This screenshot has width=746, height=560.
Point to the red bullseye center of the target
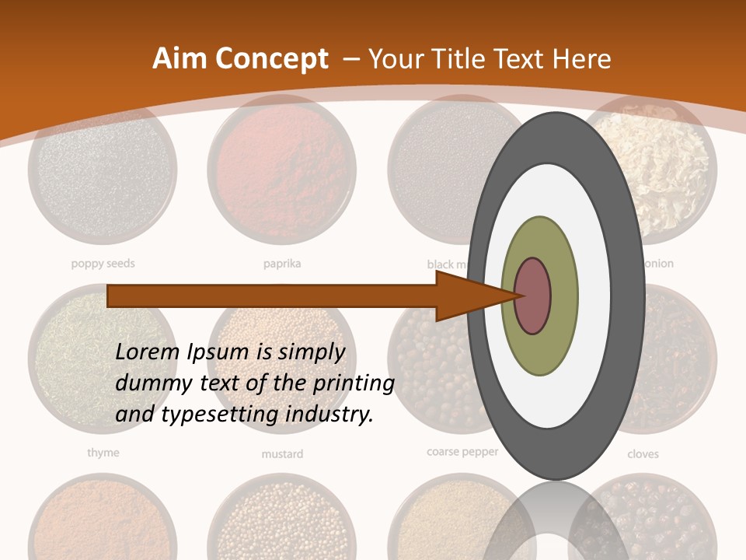[533, 296]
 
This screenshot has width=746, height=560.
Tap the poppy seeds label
[103, 264]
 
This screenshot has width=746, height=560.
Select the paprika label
[282, 264]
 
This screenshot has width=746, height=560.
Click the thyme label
[103, 452]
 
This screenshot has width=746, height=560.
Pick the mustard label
[282, 453]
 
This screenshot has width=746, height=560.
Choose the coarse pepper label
[462, 451]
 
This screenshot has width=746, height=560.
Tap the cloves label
[643, 453]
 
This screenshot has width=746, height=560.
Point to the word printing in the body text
[354, 383]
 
